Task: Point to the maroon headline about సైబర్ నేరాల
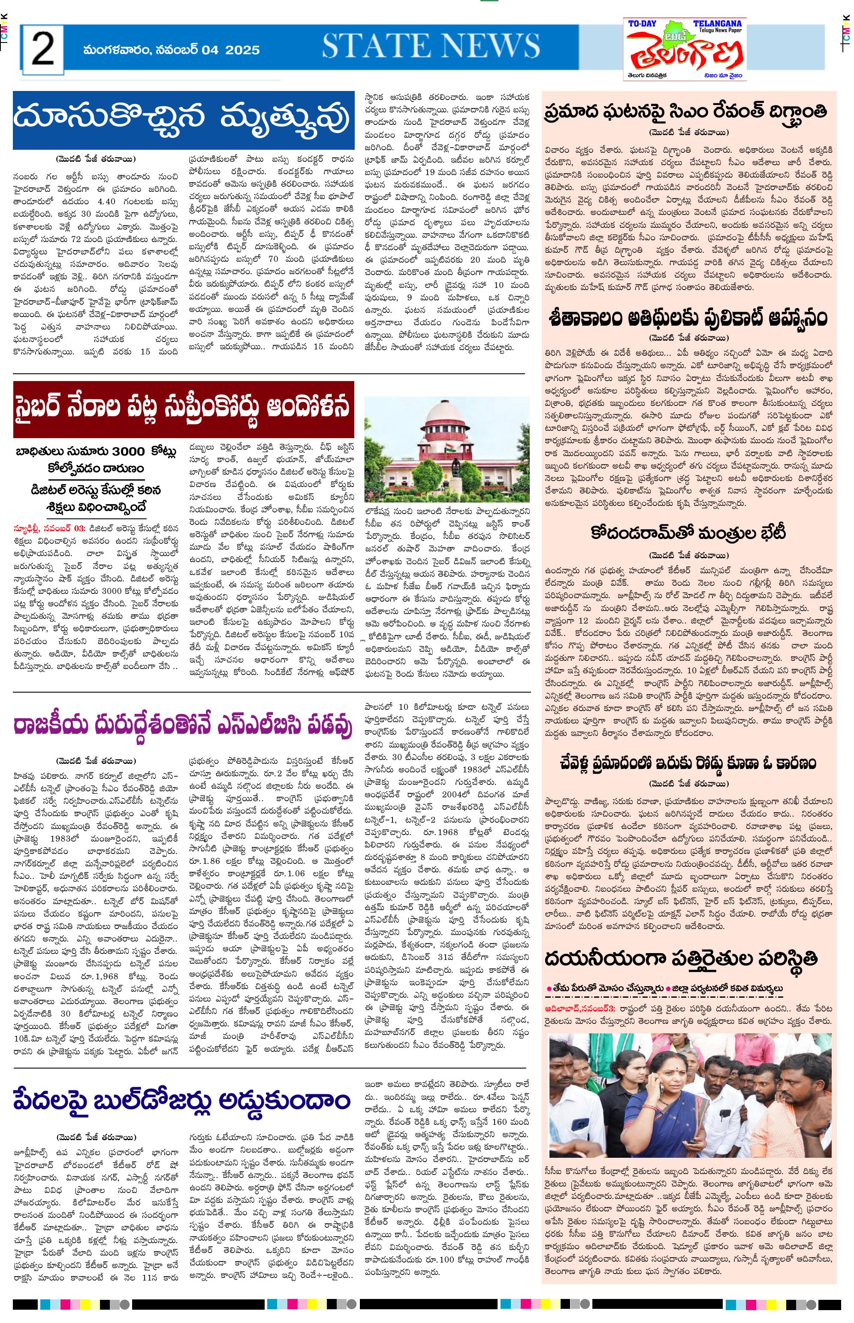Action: tap(183, 408)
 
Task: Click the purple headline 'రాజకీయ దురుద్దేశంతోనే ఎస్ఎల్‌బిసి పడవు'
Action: tap(183, 726)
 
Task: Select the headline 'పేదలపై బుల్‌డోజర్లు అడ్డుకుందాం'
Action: tap(183, 1100)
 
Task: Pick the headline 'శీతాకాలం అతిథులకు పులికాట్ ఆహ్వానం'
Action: tap(688, 318)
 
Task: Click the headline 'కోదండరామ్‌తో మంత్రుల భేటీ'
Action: tap(688, 533)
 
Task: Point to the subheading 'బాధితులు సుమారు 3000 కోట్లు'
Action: tap(95, 451)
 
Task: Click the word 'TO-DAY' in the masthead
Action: tap(642, 24)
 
